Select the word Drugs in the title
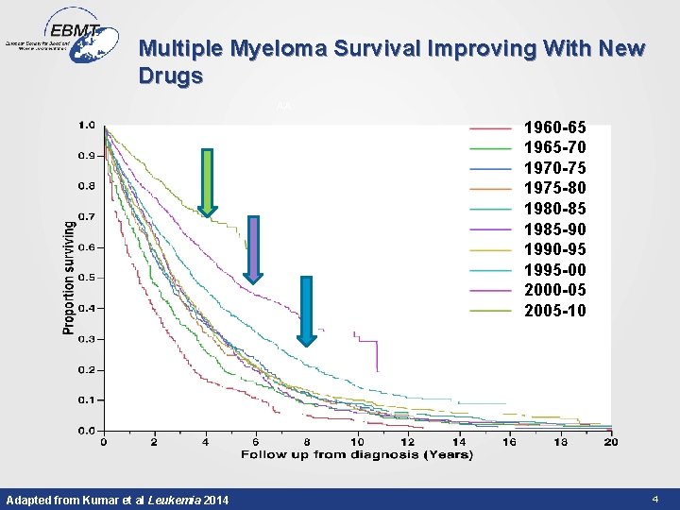pyautogui.click(x=170, y=76)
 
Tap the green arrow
pyautogui.click(x=207, y=182)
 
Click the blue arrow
pyautogui.click(x=306, y=311)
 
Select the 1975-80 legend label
pyautogui.click(x=554, y=188)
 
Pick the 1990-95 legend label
pyautogui.click(x=554, y=249)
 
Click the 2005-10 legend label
pyautogui.click(x=554, y=311)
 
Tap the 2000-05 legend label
pyautogui.click(x=554, y=290)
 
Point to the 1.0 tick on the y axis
pyautogui.click(x=86, y=124)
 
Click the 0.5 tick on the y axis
pyautogui.click(x=86, y=278)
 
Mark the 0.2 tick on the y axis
pyautogui.click(x=86, y=369)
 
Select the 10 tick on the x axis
pyautogui.click(x=357, y=442)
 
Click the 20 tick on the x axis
pyautogui.click(x=610, y=442)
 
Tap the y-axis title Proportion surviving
pyautogui.click(x=69, y=276)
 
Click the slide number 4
pyautogui.click(x=654, y=498)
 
